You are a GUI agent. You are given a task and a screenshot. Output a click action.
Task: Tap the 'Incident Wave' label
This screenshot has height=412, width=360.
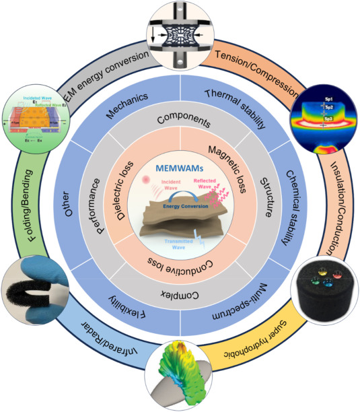click(x=155, y=191)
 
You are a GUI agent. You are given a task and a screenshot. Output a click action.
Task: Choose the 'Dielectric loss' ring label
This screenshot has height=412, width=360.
click(x=121, y=184)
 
